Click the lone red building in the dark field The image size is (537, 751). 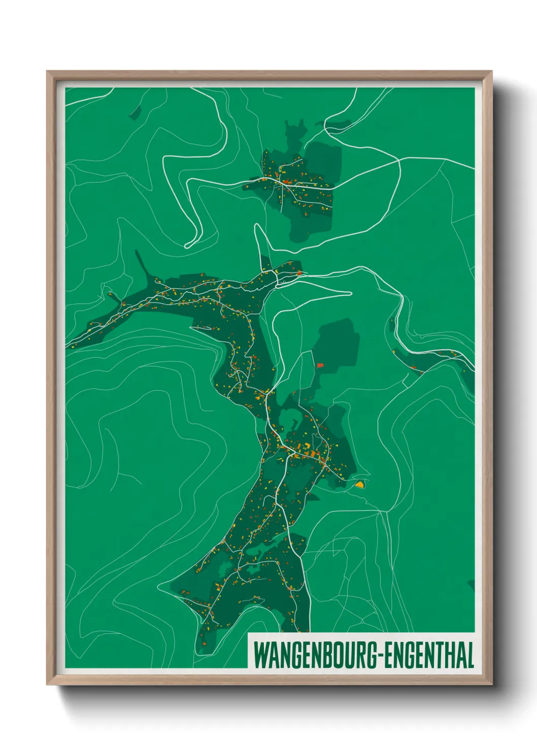click(320, 365)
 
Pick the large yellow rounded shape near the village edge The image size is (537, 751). click(360, 485)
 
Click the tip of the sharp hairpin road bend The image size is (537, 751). click(187, 246)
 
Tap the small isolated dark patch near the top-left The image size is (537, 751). click(136, 113)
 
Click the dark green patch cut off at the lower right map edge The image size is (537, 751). click(471, 585)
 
